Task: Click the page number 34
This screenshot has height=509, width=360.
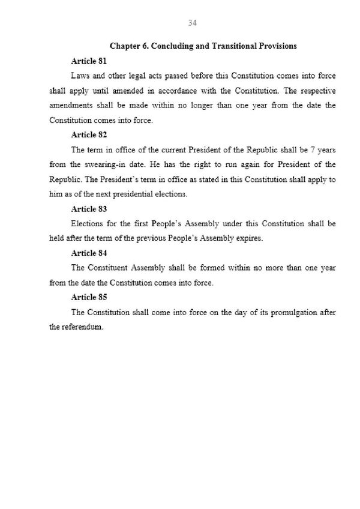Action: tap(193, 23)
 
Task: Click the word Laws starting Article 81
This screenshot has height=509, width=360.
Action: tap(80, 77)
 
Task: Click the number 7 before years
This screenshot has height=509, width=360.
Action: tap(313, 150)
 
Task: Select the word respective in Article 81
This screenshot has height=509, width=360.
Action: tap(316, 91)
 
